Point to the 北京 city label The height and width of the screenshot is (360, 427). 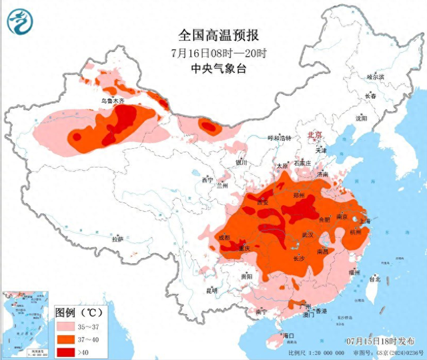point(314,136)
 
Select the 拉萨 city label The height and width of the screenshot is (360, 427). point(117,238)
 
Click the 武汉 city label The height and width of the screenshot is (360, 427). point(308,235)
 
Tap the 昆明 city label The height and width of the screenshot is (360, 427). point(212,291)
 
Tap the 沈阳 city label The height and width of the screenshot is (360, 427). point(362,118)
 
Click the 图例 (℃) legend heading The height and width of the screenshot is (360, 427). point(77,312)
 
